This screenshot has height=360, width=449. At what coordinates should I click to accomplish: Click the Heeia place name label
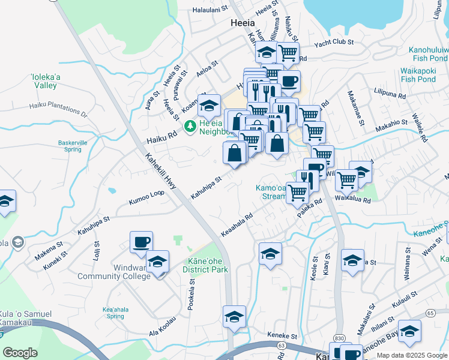coord(244,23)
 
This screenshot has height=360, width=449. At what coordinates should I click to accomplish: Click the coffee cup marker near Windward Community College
coord(142,242)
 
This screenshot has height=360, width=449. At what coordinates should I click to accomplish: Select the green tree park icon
coord(190,125)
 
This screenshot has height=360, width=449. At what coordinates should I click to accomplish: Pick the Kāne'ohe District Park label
coord(205,266)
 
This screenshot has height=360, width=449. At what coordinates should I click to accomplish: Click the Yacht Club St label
coord(334,43)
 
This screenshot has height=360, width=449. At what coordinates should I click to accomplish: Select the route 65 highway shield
coord(430,313)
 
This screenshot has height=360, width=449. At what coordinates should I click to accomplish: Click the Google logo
coord(20,352)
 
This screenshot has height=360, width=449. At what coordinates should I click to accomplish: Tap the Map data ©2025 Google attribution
coord(411,355)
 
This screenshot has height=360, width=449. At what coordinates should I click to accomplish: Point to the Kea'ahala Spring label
coord(113,313)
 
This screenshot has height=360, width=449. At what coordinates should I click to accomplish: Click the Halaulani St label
coord(210,10)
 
